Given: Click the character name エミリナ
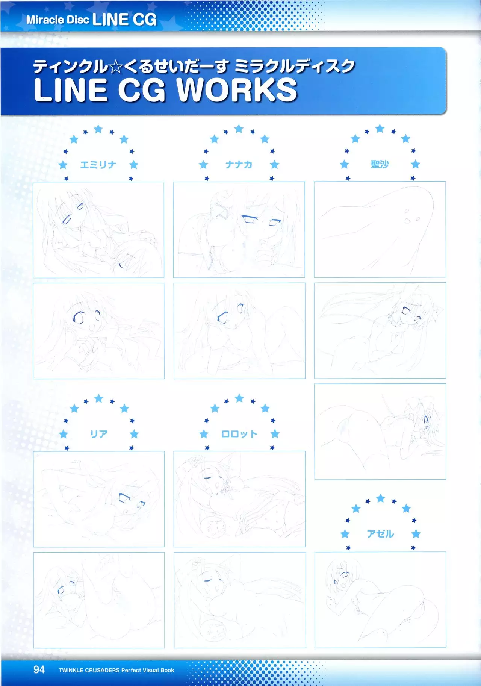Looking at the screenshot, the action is pyautogui.click(x=98, y=165).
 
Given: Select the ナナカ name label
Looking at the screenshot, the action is pyautogui.click(x=239, y=165).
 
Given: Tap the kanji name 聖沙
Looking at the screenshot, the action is pyautogui.click(x=380, y=164).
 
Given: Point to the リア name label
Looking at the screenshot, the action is pyautogui.click(x=99, y=434).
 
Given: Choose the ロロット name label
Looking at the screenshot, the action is pyautogui.click(x=239, y=434).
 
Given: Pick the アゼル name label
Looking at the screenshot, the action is pyautogui.click(x=380, y=534).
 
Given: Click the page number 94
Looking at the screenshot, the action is pyautogui.click(x=39, y=669).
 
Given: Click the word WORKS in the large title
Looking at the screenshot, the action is pyautogui.click(x=237, y=90).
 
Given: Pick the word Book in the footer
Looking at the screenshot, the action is pyautogui.click(x=167, y=670).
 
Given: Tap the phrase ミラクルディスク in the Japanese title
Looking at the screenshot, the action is pyautogui.click(x=295, y=67).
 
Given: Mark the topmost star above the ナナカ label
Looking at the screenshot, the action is pyautogui.click(x=239, y=129).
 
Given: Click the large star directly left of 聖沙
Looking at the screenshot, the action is pyautogui.click(x=344, y=164).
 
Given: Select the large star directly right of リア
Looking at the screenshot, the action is pyautogui.click(x=134, y=434).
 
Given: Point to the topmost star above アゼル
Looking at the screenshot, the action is pyautogui.click(x=381, y=498).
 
